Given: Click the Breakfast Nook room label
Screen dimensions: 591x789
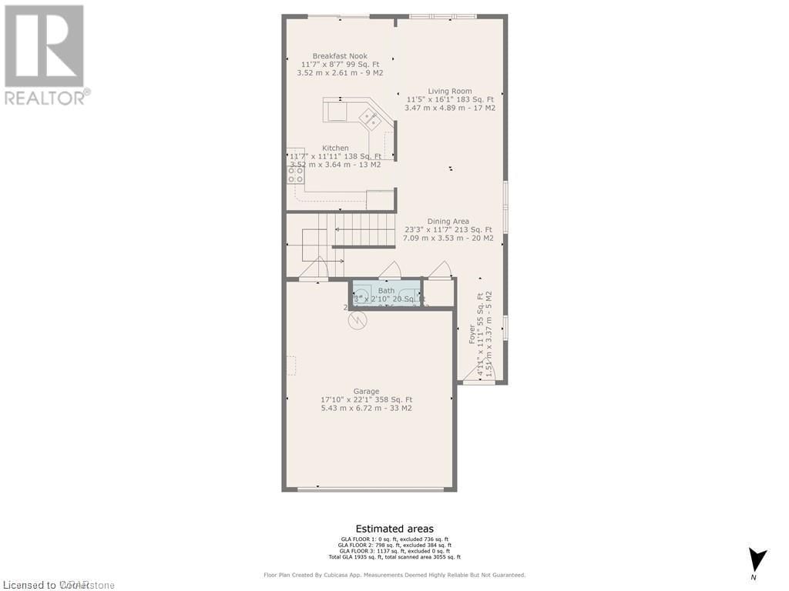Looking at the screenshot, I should [340, 56].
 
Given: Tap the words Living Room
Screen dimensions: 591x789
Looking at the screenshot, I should [450, 91].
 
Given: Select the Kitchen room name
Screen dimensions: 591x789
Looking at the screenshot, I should [335, 148].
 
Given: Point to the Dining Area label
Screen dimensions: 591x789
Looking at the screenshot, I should [448, 222].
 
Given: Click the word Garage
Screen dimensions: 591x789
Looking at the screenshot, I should [366, 391].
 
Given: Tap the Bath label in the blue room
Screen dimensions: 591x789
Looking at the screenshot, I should [385, 291].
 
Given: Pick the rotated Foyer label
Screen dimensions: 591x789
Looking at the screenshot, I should [472, 333].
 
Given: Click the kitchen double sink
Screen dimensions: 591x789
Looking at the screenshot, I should [370, 119].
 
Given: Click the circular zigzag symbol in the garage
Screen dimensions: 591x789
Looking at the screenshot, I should [357, 319].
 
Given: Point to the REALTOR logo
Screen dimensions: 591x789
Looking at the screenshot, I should [45, 54].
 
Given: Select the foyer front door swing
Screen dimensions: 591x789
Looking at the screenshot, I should [479, 373].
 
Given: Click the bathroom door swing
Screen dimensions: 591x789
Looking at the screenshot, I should [390, 270].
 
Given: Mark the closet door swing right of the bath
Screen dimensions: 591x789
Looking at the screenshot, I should [440, 270].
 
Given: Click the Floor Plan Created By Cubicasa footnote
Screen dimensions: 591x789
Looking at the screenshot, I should [394, 575].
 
